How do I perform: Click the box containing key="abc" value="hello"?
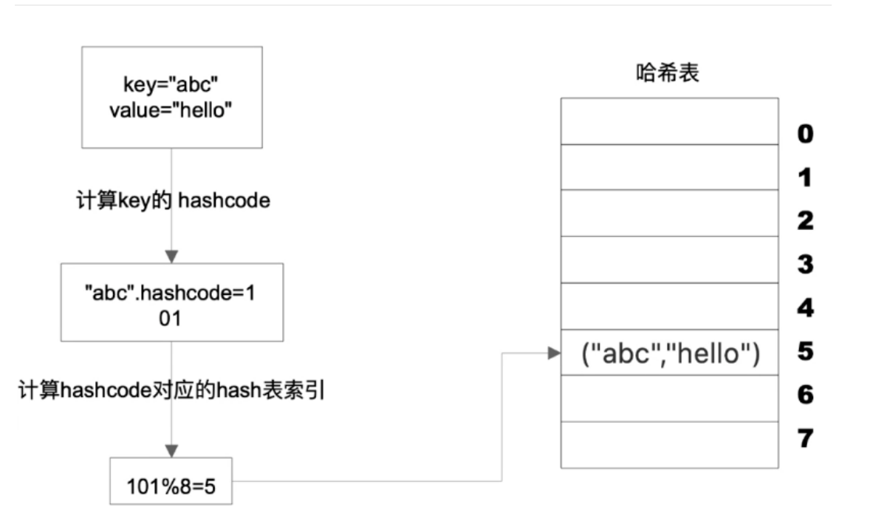pos(171,96)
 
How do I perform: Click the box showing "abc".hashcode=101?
pos(171,302)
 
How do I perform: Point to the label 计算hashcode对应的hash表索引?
pos(172,390)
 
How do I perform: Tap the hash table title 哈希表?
pos(667,73)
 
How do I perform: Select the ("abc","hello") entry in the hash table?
pos(669,353)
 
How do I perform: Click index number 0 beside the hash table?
pos(804,135)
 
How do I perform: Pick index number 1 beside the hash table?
pos(804,178)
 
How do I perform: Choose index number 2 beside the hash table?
pos(804,221)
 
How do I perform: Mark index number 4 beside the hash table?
pos(804,308)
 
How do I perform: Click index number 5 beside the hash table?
pos(804,351)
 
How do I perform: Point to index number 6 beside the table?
pos(804,396)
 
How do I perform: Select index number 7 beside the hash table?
pos(804,439)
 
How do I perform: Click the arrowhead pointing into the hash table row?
pos(554,353)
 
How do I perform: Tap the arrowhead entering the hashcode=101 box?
pos(171,257)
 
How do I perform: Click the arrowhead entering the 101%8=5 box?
pos(171,451)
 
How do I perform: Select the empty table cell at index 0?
pos(669,121)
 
